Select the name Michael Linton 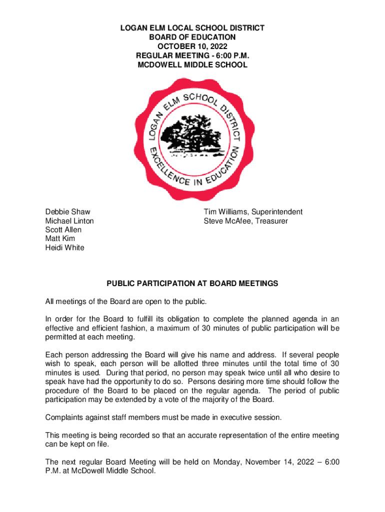[69, 221]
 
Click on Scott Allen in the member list [63, 230]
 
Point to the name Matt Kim [60, 239]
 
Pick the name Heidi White [65, 248]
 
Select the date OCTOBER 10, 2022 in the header [192, 46]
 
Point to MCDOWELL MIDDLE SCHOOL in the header [192, 65]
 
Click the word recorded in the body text [136, 435]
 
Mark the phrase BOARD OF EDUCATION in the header [192, 37]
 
